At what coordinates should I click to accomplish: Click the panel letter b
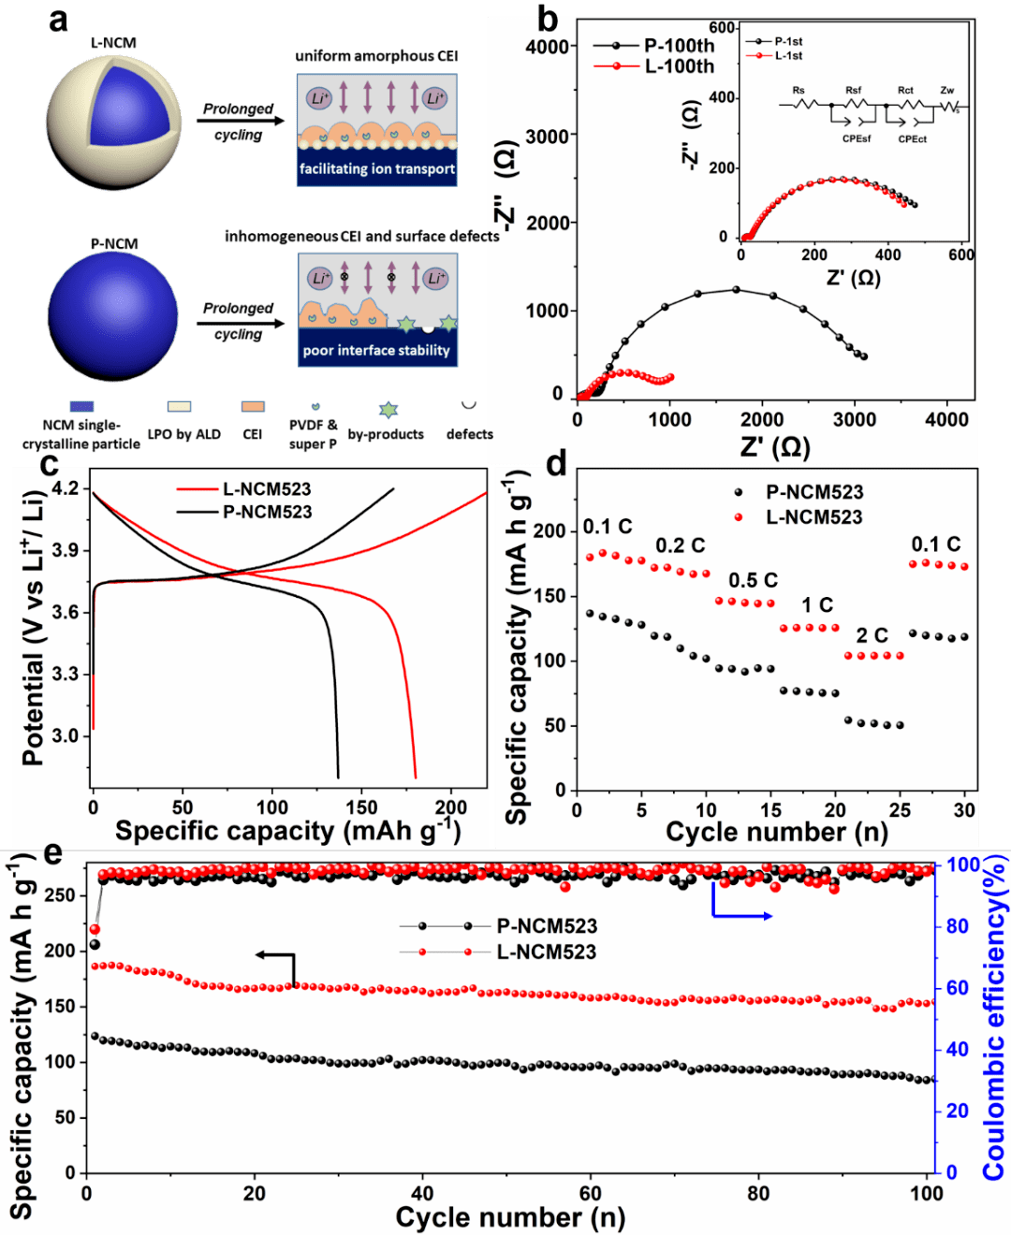click(548, 18)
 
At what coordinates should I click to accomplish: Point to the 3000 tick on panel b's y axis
click(548, 136)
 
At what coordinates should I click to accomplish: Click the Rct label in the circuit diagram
click(905, 91)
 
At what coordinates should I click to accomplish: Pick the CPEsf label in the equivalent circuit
click(856, 139)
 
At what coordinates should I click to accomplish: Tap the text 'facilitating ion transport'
click(377, 169)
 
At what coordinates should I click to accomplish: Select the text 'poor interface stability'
click(376, 351)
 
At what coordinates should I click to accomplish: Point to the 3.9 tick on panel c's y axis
click(66, 550)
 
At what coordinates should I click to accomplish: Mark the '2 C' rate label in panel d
click(872, 636)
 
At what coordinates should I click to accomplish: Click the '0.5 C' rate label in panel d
click(753, 581)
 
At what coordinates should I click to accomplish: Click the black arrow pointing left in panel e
click(275, 955)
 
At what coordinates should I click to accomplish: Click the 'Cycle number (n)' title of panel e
click(510, 1217)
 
